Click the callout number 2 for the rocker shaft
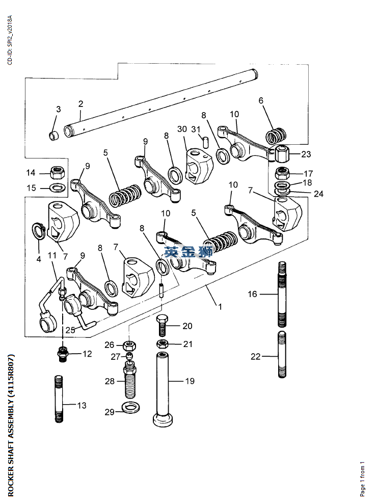tap(80, 104)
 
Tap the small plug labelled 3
tap(54, 136)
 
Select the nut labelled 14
tap(58, 172)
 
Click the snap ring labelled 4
tap(38, 231)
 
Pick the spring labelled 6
tap(276, 136)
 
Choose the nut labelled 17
tap(283, 174)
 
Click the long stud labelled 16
tap(282, 295)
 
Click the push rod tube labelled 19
tap(163, 389)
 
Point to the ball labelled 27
tap(129, 355)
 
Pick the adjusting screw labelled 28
tap(129, 379)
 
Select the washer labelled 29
tap(131, 408)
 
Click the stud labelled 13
tap(59, 399)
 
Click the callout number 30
tap(182, 129)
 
